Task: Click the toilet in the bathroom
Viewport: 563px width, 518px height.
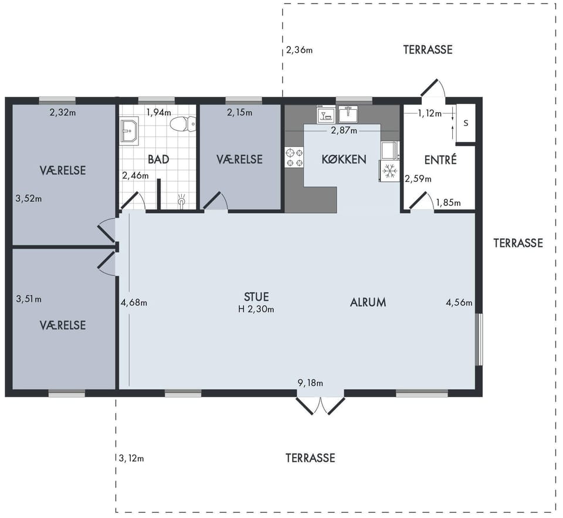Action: [183, 124]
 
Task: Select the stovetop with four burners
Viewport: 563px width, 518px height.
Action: [294, 157]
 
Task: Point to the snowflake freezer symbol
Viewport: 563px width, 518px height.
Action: [389, 171]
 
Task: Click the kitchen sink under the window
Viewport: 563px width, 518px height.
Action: [348, 114]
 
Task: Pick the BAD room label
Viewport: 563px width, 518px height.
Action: [158, 159]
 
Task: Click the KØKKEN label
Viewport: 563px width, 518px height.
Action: [344, 159]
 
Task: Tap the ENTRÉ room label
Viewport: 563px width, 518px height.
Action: [440, 159]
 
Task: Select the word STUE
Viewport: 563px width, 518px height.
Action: [256, 297]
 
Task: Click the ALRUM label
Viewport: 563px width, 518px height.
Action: [368, 303]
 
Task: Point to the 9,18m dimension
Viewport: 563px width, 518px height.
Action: [310, 383]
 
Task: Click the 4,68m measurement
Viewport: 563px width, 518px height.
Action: [134, 303]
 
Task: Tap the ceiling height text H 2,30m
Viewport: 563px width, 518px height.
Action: [256, 309]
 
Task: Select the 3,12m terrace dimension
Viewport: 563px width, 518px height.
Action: [131, 458]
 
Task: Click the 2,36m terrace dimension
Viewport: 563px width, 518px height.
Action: [299, 50]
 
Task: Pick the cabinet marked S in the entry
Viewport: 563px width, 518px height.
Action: [466, 123]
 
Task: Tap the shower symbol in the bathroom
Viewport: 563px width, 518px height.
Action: [182, 201]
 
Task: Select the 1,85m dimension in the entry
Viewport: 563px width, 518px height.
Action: [449, 203]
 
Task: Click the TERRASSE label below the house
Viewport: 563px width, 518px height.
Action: [310, 458]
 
